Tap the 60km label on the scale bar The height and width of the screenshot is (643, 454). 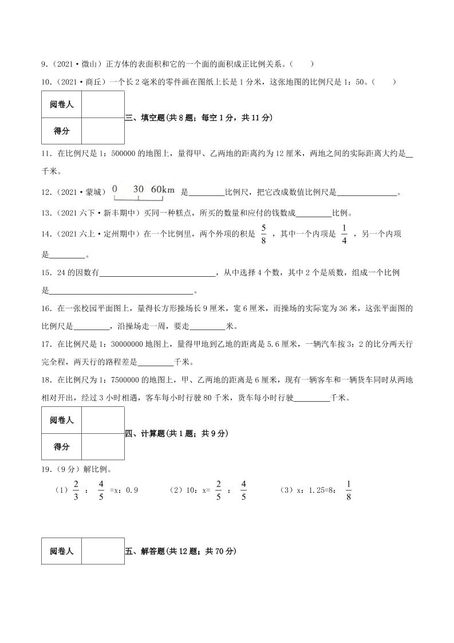click(163, 189)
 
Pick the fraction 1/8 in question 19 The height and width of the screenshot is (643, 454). click(349, 491)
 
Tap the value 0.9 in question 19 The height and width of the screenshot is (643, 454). click(132, 491)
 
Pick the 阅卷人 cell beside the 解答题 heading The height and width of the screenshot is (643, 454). click(61, 551)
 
